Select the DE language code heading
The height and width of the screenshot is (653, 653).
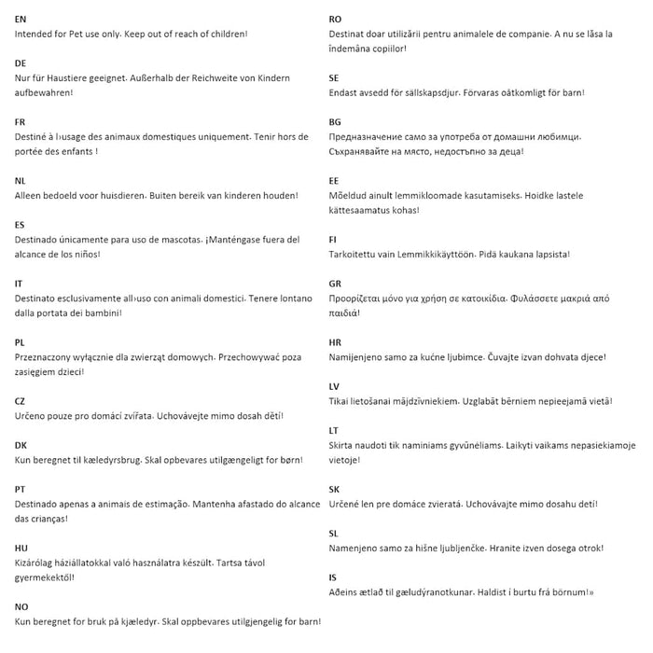(x=21, y=63)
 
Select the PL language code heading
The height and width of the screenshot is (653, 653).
(x=21, y=342)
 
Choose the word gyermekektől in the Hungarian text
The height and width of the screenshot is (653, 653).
(x=44, y=577)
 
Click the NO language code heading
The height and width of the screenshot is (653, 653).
(x=21, y=606)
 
